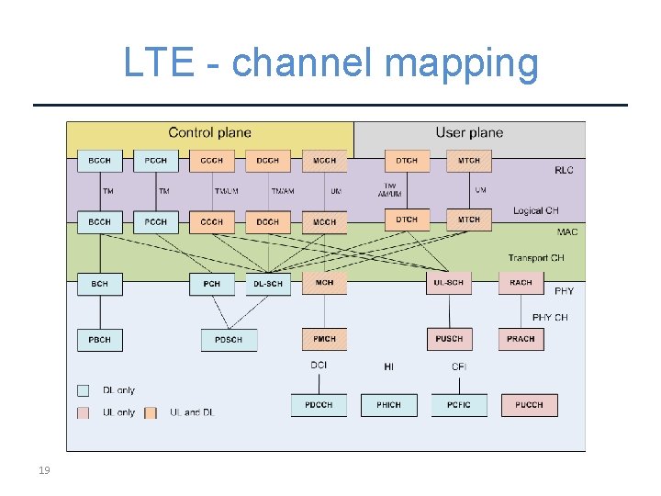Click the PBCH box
pyautogui.click(x=99, y=340)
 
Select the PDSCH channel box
pyautogui.click(x=229, y=340)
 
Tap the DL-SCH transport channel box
pyautogui.click(x=268, y=284)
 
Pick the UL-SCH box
pyautogui.click(x=449, y=283)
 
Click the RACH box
pyautogui.click(x=521, y=283)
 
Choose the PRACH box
pyautogui.click(x=521, y=339)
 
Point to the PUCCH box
pyautogui.click(x=529, y=405)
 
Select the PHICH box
pyautogui.click(x=388, y=405)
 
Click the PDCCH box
pyautogui.click(x=319, y=405)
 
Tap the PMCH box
pyautogui.click(x=324, y=339)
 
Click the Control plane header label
pyautogui.click(x=209, y=133)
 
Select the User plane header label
pyautogui.click(x=469, y=133)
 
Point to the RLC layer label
pyautogui.click(x=564, y=170)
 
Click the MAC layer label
pyautogui.click(x=566, y=232)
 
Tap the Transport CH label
pyautogui.click(x=535, y=258)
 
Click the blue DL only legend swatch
pyautogui.click(x=84, y=390)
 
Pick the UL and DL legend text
pyautogui.click(x=191, y=412)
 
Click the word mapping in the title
pyautogui.click(x=462, y=63)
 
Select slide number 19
pyautogui.click(x=44, y=471)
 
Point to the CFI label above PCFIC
pyautogui.click(x=459, y=366)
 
